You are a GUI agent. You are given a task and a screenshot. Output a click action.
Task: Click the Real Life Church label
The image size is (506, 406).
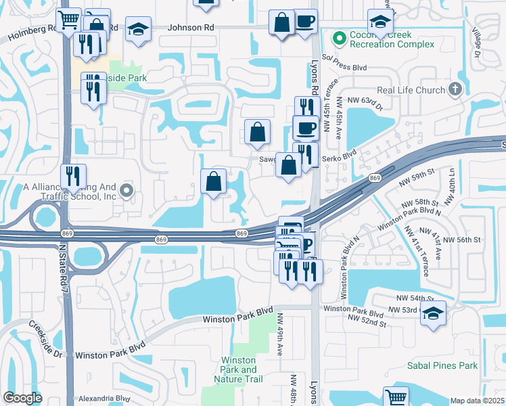tap(411, 90)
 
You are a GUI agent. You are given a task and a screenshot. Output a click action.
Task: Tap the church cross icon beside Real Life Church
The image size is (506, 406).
tap(455, 89)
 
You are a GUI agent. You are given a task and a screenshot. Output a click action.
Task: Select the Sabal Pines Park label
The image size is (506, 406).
tap(443, 365)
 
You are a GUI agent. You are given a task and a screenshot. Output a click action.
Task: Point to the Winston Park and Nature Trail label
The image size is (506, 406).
tap(239, 369)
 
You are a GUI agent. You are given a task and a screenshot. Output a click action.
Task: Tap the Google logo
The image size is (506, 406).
tap(22, 398)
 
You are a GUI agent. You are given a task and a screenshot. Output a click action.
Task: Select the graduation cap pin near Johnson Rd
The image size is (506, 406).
tap(139, 30)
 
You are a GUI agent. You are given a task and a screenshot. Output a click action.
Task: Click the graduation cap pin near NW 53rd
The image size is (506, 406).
tap(433, 313)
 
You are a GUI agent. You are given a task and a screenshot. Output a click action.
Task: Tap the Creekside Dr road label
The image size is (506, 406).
tap(46, 339)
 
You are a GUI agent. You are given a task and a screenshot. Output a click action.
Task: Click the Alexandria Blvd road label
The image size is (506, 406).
tap(104, 399)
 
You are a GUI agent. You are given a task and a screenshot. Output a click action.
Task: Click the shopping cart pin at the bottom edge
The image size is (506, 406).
tap(396, 397)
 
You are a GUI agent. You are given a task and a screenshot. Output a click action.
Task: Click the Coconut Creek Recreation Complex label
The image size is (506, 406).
tap(391, 39)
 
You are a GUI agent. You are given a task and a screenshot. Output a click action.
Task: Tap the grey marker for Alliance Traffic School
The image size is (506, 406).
tap(126, 193)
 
